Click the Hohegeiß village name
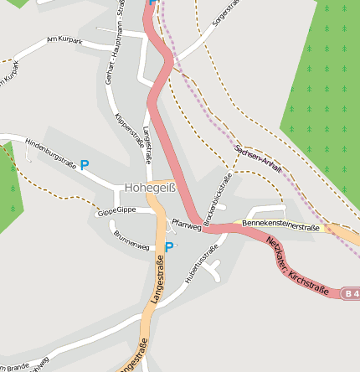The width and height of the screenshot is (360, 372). click(150, 189)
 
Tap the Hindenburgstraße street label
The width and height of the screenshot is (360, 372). click(51, 152)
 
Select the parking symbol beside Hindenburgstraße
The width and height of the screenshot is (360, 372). click(85, 166)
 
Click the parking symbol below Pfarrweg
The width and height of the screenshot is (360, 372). click(169, 247)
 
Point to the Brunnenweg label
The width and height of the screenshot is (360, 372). click(131, 241)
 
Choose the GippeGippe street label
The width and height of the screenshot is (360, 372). click(116, 211)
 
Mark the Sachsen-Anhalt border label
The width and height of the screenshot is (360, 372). click(259, 157)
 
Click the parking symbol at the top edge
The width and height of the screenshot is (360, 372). click(152, 3)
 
